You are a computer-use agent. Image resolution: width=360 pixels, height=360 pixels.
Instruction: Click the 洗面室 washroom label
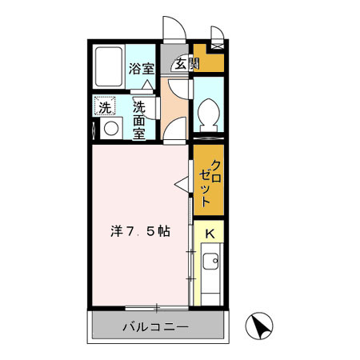point(139,119)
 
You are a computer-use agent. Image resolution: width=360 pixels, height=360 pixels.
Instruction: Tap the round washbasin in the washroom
point(110,129)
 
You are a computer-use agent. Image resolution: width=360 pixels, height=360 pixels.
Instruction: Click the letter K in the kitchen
point(210,233)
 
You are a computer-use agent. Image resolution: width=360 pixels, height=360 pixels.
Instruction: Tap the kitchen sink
point(210,262)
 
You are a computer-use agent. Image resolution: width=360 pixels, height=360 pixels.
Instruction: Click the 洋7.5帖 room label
point(139,231)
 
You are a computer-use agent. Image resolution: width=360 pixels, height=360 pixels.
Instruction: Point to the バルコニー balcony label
point(155,326)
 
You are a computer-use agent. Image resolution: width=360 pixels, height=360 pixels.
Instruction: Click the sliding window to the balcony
point(157,307)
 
